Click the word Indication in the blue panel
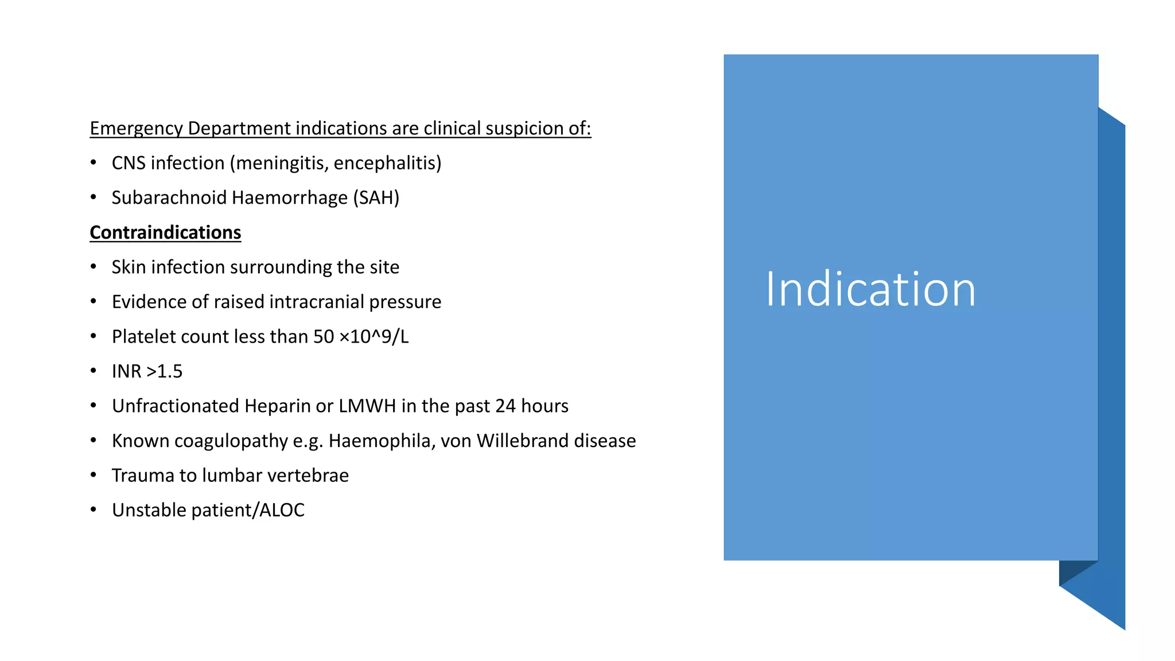[870, 289]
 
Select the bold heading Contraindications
[165, 232]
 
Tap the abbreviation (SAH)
[376, 198]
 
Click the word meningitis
[282, 164]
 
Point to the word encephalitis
[387, 164]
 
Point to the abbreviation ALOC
[282, 510]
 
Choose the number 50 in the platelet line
[324, 337]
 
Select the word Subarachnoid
[169, 198]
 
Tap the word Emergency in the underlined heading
[136, 129]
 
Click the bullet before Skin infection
[94, 267]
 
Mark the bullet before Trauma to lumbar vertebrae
[94, 476]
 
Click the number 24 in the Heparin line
[505, 406]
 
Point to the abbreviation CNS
[128, 164]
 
